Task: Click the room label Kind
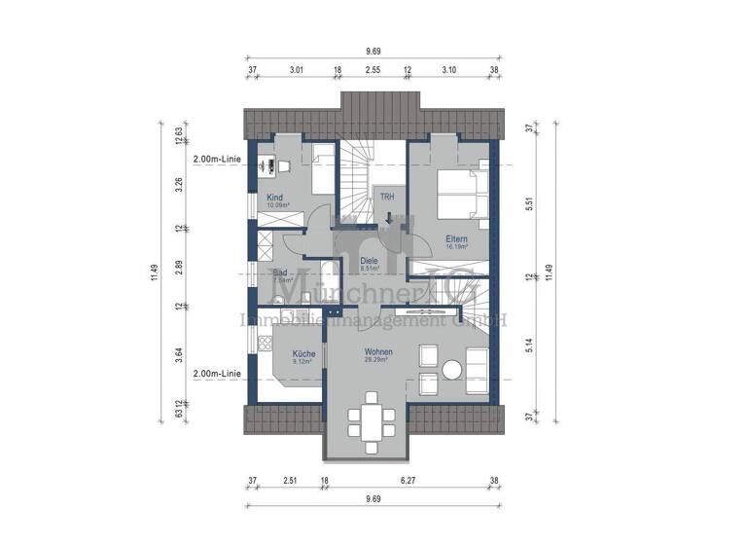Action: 273,198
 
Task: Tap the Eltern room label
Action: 456,238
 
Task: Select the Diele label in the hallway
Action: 369,260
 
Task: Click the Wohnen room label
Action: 377,351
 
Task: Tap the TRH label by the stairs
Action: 387,197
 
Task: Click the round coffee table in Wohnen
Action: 452,370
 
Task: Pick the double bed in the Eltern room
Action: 461,195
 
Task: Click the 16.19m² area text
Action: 456,247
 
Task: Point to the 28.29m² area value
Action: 377,360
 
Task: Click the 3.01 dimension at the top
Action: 297,70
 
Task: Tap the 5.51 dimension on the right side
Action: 528,205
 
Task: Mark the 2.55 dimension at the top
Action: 373,70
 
